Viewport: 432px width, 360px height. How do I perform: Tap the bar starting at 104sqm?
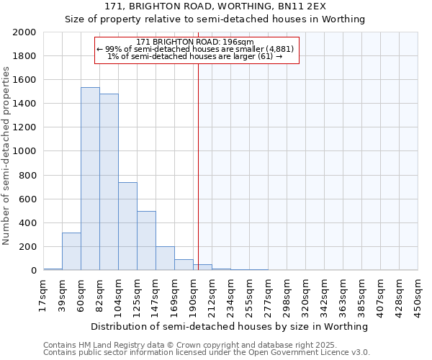pyautogui.click(x=127, y=226)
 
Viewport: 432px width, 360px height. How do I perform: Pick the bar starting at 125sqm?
pyautogui.click(x=146, y=240)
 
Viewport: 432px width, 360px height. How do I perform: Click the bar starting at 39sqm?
pyautogui.click(x=71, y=251)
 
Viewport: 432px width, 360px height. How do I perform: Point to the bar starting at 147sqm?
pyautogui.click(x=165, y=258)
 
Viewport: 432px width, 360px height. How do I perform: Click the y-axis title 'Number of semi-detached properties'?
pyautogui.click(x=6, y=155)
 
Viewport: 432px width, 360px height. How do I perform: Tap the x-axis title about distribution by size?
pyautogui.click(x=230, y=326)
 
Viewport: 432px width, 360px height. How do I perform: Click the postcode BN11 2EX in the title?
pyautogui.click(x=307, y=6)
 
